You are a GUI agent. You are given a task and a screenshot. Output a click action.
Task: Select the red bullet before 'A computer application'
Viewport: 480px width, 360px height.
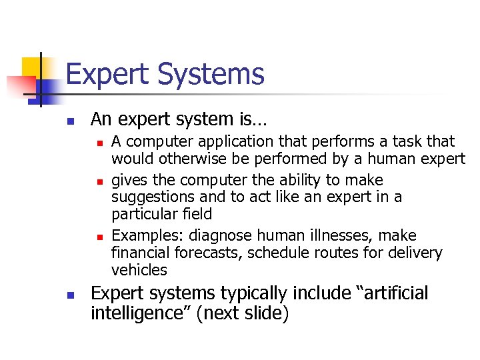pyautogui.click(x=98, y=143)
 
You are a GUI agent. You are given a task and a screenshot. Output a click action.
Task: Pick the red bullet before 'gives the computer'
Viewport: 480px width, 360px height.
pyautogui.click(x=98, y=181)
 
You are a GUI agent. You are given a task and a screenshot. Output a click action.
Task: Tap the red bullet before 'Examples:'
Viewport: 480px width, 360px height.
pyautogui.click(x=98, y=237)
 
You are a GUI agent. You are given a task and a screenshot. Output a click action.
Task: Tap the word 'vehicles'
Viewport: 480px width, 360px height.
pyautogui.click(x=139, y=270)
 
